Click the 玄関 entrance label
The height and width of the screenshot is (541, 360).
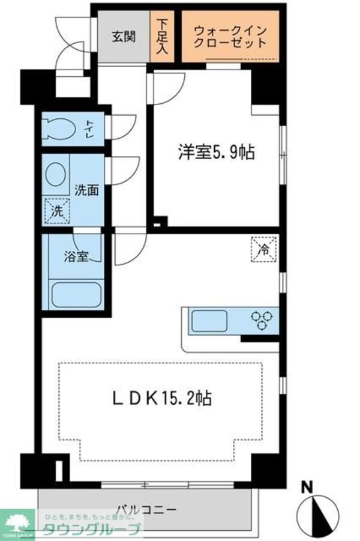(122, 36)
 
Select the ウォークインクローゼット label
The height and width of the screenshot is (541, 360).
(230, 37)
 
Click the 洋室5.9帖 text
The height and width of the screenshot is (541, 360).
(216, 153)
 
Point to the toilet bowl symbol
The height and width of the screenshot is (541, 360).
(59, 128)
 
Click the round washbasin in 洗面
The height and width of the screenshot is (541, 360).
(58, 176)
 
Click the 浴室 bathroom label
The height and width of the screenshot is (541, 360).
(77, 256)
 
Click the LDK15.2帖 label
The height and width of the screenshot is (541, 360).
(161, 397)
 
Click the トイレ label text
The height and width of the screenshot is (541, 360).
(88, 127)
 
